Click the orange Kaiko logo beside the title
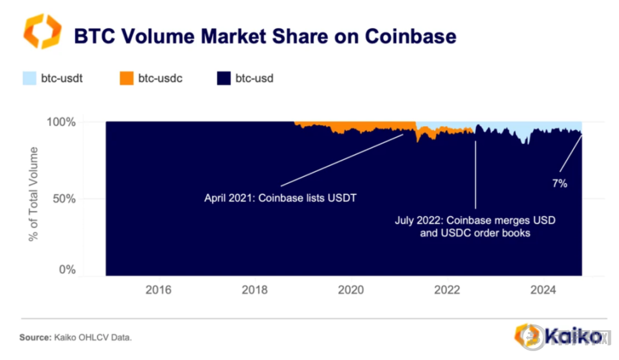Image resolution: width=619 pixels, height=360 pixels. pyautogui.click(x=43, y=31)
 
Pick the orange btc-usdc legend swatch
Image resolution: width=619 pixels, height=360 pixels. pyautogui.click(x=126, y=79)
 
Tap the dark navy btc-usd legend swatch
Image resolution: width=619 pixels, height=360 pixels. pyautogui.click(x=223, y=79)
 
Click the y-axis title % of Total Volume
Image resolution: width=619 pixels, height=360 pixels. pyautogui.click(x=33, y=194)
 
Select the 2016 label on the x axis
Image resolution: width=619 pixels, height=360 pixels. pyautogui.click(x=158, y=291)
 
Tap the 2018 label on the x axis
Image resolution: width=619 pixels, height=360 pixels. pyautogui.click(x=255, y=291)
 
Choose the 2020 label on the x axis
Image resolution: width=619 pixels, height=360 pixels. pyautogui.click(x=351, y=291)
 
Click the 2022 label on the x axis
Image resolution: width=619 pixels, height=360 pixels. pyautogui.click(x=447, y=291)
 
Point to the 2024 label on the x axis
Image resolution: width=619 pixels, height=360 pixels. pyautogui.click(x=544, y=291)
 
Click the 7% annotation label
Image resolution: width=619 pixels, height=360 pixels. pyautogui.click(x=559, y=184)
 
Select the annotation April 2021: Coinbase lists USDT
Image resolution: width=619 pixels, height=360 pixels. pyautogui.click(x=280, y=198)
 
